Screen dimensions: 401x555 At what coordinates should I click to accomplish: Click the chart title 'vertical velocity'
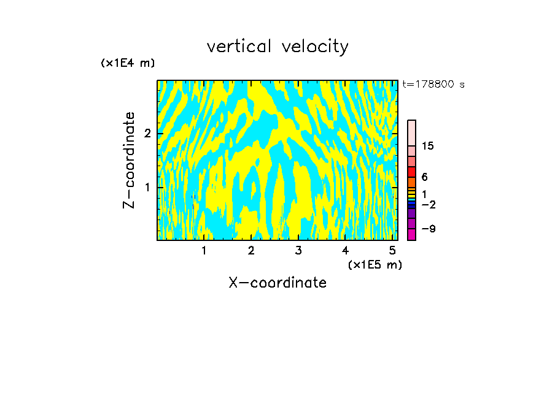click(x=277, y=47)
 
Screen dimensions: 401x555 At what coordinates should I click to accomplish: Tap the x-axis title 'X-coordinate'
click(x=277, y=283)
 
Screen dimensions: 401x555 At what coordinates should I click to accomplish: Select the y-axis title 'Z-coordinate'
click(x=129, y=160)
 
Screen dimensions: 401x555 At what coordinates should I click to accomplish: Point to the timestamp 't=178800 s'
click(x=433, y=85)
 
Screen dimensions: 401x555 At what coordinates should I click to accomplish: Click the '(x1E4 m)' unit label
click(x=128, y=63)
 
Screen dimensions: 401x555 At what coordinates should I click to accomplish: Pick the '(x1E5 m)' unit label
click(x=375, y=264)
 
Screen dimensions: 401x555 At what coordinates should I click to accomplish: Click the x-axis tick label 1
click(x=204, y=251)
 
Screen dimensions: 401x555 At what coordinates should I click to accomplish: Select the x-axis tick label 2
click(x=251, y=251)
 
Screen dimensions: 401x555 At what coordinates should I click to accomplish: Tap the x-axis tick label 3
click(x=298, y=251)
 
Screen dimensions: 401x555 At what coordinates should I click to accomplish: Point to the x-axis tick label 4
click(x=345, y=251)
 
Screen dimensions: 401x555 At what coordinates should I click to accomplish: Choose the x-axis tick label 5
click(x=392, y=251)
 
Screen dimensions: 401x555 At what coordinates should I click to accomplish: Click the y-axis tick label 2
click(x=146, y=134)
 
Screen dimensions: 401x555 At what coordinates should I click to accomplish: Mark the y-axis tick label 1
click(x=146, y=187)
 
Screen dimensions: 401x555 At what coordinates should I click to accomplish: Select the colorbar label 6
click(x=424, y=177)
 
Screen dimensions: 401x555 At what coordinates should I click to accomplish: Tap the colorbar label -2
click(x=428, y=204)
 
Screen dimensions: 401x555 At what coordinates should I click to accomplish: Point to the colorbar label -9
click(x=428, y=229)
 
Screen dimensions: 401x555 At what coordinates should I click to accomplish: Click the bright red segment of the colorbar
click(x=411, y=172)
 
